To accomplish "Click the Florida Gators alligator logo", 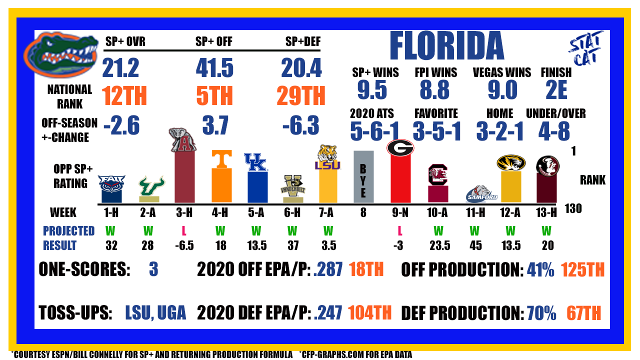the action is [x=60, y=55].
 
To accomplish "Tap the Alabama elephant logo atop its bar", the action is [x=183, y=139].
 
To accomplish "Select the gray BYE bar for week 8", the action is [x=363, y=176].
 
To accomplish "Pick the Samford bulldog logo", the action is [x=481, y=194].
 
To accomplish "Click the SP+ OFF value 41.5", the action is [x=214, y=68].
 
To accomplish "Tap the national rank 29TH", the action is [x=301, y=95].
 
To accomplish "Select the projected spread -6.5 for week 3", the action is [x=184, y=245].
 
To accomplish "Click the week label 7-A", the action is [x=326, y=212].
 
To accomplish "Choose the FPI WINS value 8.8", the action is [x=434, y=90].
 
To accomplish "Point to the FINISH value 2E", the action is [x=556, y=90].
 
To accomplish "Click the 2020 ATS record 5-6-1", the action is [x=374, y=131].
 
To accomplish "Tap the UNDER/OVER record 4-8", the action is [x=554, y=131].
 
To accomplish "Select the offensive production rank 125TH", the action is [x=583, y=269].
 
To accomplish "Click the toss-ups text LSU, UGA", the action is [x=155, y=312].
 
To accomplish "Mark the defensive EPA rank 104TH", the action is [x=369, y=312].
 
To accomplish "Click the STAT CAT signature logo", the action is [x=585, y=48].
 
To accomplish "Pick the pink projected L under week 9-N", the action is [x=400, y=231].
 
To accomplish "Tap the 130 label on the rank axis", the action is [x=573, y=209].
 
